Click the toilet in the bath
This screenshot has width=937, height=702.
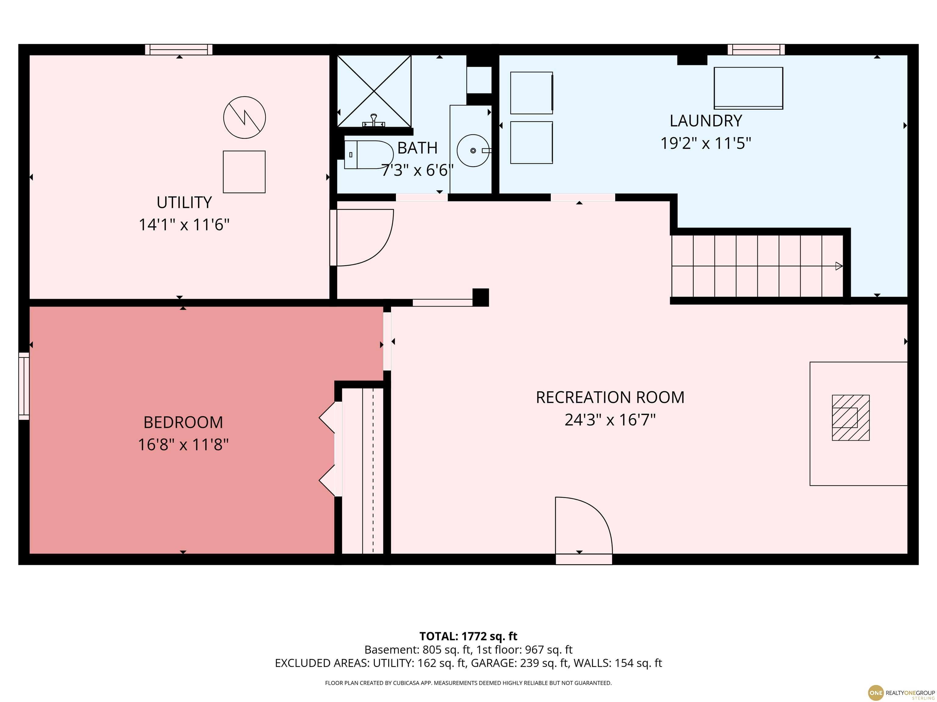click(368, 155)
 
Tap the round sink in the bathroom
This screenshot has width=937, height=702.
click(473, 151)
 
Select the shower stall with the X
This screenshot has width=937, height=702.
click(374, 91)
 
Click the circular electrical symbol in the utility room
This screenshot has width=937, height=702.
click(244, 117)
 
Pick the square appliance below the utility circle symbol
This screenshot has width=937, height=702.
click(244, 172)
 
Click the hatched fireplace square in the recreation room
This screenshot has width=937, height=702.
click(851, 418)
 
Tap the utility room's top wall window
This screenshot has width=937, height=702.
click(179, 49)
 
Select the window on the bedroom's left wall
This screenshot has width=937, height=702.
click(24, 386)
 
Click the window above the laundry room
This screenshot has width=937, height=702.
click(756, 49)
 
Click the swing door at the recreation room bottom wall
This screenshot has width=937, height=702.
click(584, 530)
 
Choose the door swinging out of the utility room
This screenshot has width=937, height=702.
click(362, 237)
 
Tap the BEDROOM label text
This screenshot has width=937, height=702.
click(183, 422)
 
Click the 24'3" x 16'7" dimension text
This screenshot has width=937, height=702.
click(610, 420)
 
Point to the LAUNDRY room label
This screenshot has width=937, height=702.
click(706, 121)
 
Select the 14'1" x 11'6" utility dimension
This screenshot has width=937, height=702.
click(184, 224)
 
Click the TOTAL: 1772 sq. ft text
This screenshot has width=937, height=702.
click(468, 636)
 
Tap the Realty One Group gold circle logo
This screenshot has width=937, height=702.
click(876, 692)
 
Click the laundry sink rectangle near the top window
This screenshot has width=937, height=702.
click(748, 88)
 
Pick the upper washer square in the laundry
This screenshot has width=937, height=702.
click(532, 93)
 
